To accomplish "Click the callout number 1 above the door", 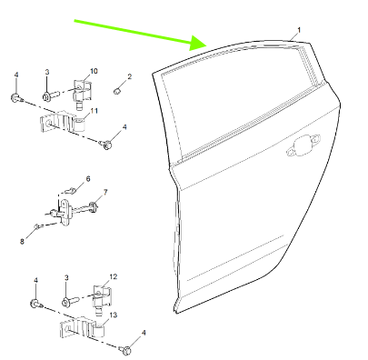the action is (x=299, y=30).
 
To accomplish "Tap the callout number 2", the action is (x=130, y=76).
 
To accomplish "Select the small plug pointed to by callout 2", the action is (x=117, y=91).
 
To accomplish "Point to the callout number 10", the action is (x=94, y=71).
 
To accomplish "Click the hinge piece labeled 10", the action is (x=82, y=94).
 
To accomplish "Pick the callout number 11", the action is (x=94, y=111).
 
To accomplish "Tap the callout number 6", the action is (x=88, y=179).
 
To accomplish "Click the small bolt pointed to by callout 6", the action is (x=71, y=191).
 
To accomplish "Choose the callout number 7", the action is (x=105, y=192).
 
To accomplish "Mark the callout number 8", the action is (x=22, y=242).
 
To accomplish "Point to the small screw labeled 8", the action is (x=36, y=225).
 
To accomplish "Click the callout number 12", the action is (x=114, y=276).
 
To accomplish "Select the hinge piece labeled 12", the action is (x=102, y=299).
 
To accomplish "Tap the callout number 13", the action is (x=113, y=315).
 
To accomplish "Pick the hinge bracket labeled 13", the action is (x=82, y=329).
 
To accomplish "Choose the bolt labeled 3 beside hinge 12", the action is (x=70, y=301).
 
